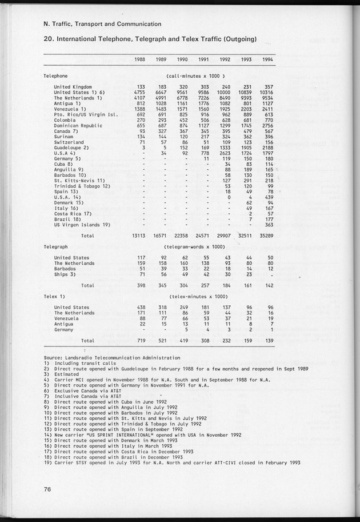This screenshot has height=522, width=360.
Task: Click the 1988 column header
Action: click(x=140, y=59)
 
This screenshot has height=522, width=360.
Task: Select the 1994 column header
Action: click(x=267, y=59)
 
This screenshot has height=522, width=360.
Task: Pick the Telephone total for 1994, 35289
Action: click(x=265, y=235)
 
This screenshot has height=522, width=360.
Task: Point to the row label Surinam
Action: click(x=64, y=137)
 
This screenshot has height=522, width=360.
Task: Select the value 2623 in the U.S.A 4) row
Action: click(x=223, y=153)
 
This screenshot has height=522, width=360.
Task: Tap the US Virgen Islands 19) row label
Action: click(x=81, y=225)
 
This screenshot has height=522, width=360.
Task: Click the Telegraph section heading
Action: click(x=56, y=246)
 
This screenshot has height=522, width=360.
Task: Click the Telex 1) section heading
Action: click(x=55, y=296)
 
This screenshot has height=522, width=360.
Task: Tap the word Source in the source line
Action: click(x=53, y=357)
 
